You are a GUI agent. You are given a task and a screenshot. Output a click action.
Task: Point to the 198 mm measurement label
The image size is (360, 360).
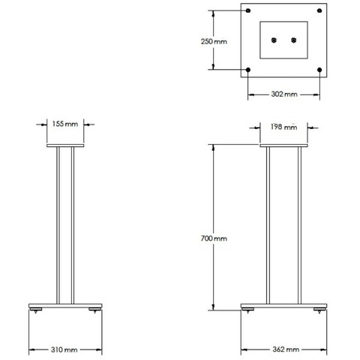pyautogui.click(x=282, y=126)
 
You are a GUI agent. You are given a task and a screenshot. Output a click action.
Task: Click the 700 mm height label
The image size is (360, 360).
pyautogui.click(x=214, y=238)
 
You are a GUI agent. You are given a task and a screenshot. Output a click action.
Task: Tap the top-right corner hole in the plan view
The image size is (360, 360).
pyautogui.click(x=320, y=11)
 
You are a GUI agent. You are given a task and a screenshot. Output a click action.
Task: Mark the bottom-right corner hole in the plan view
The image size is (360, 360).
pyautogui.click(x=320, y=71)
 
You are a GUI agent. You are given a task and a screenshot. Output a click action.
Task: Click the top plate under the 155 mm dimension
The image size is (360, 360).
pyautogui.click(x=65, y=148)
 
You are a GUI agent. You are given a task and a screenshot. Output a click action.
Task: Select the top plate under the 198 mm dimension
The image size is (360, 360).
pyautogui.click(x=283, y=148)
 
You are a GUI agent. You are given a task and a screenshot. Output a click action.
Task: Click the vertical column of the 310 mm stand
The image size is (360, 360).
pyautogui.click(x=65, y=225)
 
